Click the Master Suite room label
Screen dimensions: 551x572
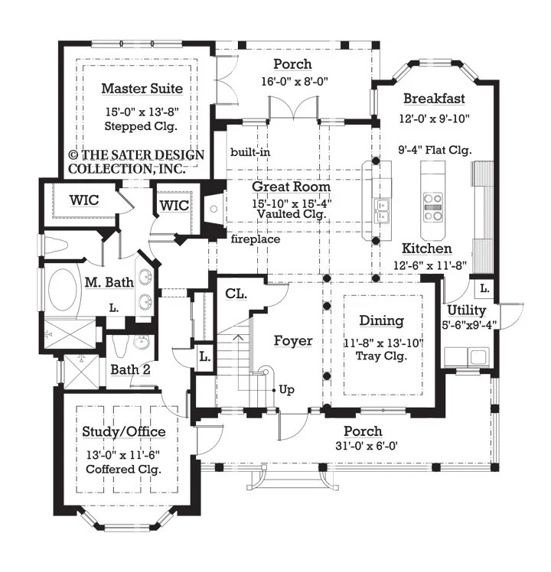[x=142, y=89]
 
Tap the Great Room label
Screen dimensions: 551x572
[x=291, y=187]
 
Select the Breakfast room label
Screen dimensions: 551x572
[x=434, y=99]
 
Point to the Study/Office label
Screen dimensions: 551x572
[x=124, y=432]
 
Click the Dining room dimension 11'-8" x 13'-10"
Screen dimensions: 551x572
[x=383, y=343]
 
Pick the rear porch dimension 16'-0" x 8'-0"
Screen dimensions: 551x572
[x=295, y=81]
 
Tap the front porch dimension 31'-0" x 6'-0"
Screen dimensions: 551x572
[x=367, y=446]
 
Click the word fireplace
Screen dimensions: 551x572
[x=256, y=239]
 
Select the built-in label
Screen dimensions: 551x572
[x=250, y=152]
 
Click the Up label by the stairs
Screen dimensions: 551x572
[x=287, y=390]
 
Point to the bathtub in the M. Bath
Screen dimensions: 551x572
[x=62, y=290]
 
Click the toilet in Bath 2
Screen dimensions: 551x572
[x=120, y=346]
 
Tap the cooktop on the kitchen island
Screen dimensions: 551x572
[x=432, y=207]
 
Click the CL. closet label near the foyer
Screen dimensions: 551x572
[x=236, y=294]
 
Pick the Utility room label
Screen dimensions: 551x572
[x=466, y=310]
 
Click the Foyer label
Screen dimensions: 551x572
[x=293, y=341]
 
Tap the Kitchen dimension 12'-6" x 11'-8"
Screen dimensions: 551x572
[x=430, y=265]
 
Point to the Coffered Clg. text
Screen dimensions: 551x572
[x=123, y=469]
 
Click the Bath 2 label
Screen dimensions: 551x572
[x=130, y=369]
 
